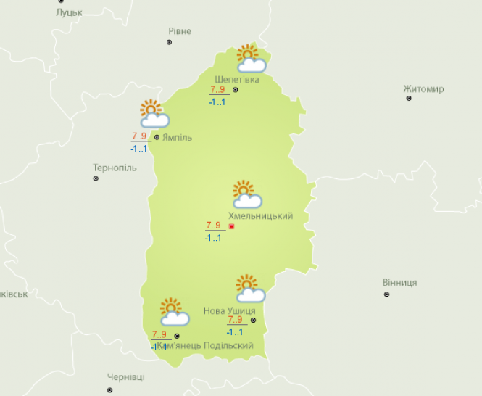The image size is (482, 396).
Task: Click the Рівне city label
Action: tap(180, 31)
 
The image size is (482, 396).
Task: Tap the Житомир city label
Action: tap(423, 89)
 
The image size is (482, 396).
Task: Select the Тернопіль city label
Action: tap(115, 168)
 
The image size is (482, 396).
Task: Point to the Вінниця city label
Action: tap(399, 282)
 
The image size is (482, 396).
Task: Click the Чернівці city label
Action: tap(125, 377)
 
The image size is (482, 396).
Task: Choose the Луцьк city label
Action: tap(70, 12)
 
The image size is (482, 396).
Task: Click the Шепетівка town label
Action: tap(236, 79)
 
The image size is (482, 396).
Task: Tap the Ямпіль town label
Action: tap(178, 136)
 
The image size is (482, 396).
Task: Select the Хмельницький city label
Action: tap(260, 216)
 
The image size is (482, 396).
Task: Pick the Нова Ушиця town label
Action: tap(229, 310)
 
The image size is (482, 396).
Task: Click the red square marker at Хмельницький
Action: tap(231, 226)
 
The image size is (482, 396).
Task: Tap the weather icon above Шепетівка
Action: tap(251, 59)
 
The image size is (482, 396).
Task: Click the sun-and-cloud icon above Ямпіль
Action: tap(154, 114)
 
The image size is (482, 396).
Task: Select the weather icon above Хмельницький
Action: tap(246, 194)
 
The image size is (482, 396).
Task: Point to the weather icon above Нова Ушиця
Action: tap(249, 289)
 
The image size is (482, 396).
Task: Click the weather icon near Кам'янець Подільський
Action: tap(174, 312)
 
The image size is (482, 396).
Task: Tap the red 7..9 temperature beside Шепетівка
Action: tap(217, 90)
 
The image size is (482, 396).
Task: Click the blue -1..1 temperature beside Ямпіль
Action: tap(139, 149)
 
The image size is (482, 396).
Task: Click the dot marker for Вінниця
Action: tap(386, 294)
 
